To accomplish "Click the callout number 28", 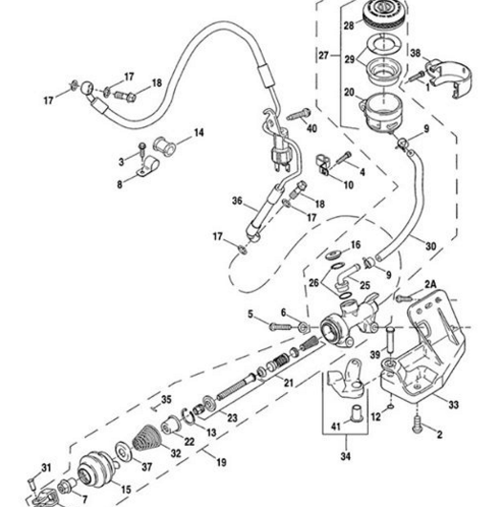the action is click(x=349, y=25).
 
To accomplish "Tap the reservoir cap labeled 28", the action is click(x=383, y=15).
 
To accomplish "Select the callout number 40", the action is click(x=312, y=128).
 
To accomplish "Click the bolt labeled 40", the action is click(x=298, y=115).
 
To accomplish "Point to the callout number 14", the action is click(x=199, y=133).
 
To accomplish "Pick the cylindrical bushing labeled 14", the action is click(x=164, y=145).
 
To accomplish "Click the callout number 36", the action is click(x=237, y=201).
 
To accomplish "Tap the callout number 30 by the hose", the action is click(x=431, y=247).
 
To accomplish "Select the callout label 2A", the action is click(x=430, y=284).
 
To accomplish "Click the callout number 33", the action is click(x=453, y=405).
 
